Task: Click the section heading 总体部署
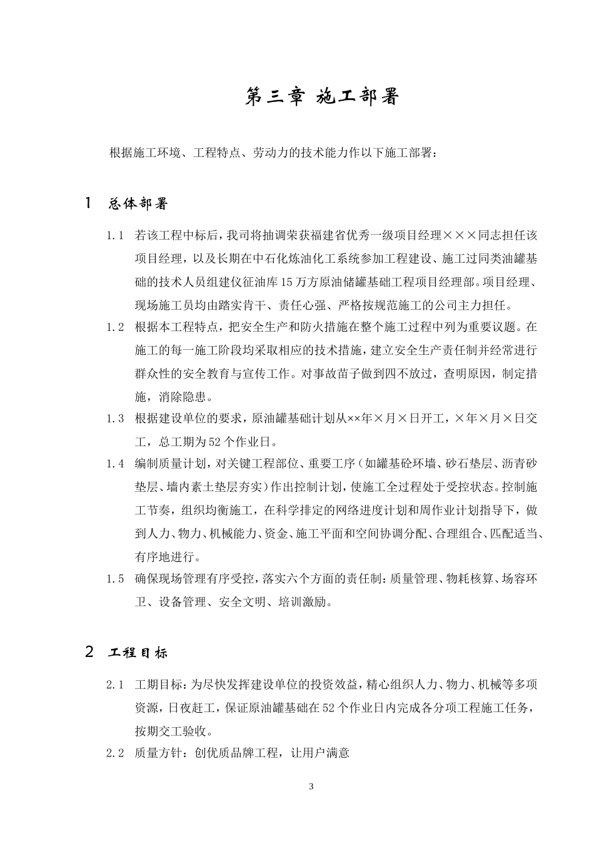pos(138,204)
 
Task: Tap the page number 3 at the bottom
pos(311,787)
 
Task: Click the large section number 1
pos(89,203)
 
